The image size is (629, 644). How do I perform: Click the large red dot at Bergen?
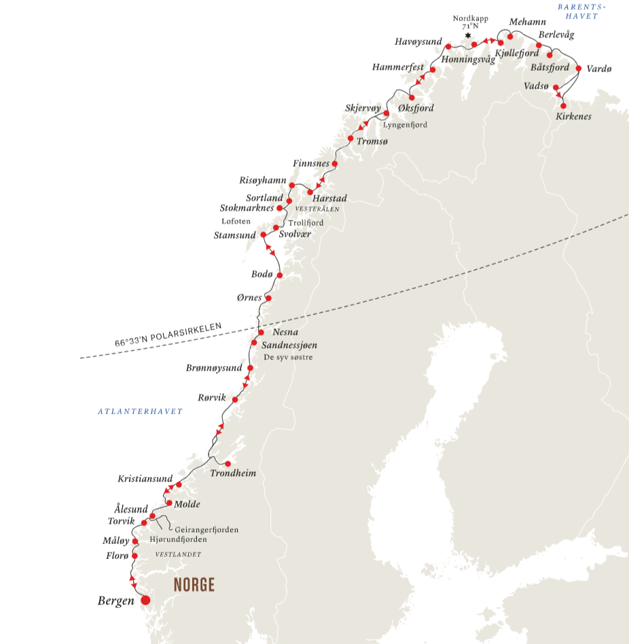click(x=145, y=600)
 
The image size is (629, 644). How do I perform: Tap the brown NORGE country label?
click(x=194, y=585)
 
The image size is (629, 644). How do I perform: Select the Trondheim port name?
click(x=233, y=473)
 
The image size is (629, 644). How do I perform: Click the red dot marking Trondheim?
click(x=228, y=464)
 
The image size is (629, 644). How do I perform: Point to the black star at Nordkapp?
click(x=467, y=35)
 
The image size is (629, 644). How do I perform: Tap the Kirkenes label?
click(x=573, y=117)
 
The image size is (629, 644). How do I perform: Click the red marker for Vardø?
click(x=579, y=68)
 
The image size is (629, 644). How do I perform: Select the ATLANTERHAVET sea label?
click(x=140, y=411)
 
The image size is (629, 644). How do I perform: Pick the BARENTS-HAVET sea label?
click(x=581, y=12)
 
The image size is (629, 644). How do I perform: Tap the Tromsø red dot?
click(x=351, y=139)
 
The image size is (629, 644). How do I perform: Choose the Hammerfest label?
click(x=398, y=67)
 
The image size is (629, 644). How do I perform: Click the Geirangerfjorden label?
click(x=206, y=530)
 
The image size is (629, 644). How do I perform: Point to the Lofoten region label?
click(x=236, y=222)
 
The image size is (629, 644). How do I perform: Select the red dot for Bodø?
click(x=279, y=275)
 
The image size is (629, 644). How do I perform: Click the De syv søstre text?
click(x=287, y=356)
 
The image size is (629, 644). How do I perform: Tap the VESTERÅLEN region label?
click(x=317, y=209)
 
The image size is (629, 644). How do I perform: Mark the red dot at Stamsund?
click(x=264, y=235)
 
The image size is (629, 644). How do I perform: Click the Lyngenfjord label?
click(x=406, y=124)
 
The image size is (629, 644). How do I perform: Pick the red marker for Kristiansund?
click(x=179, y=484)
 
